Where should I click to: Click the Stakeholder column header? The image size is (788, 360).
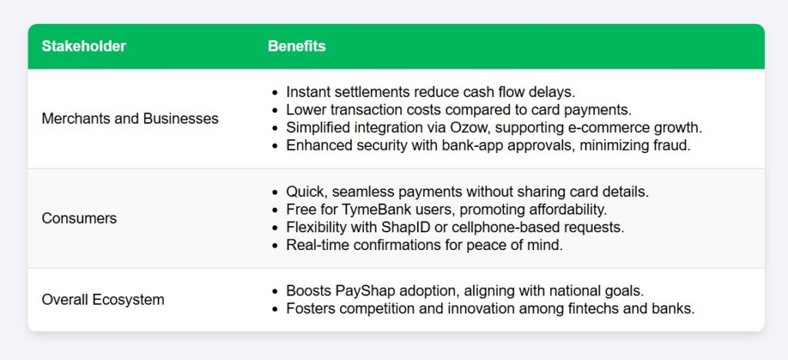[83, 46]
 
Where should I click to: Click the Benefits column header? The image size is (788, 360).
[296, 46]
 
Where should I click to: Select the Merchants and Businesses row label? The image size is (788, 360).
[130, 118]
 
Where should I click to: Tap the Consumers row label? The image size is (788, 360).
[79, 218]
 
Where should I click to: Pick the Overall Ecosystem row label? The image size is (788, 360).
[103, 300]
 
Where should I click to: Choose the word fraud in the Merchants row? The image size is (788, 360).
[674, 145]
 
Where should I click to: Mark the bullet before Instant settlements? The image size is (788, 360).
[274, 92]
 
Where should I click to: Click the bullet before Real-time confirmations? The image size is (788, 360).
[274, 246]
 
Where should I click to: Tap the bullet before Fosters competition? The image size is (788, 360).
[274, 309]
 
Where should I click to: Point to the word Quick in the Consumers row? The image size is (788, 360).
[306, 192]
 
